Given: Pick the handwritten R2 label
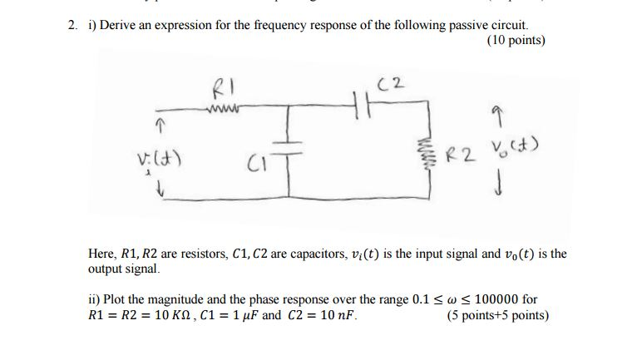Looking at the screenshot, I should [x=462, y=153].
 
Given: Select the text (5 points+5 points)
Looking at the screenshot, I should [x=497, y=315].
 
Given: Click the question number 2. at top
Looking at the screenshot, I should [x=73, y=25].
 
